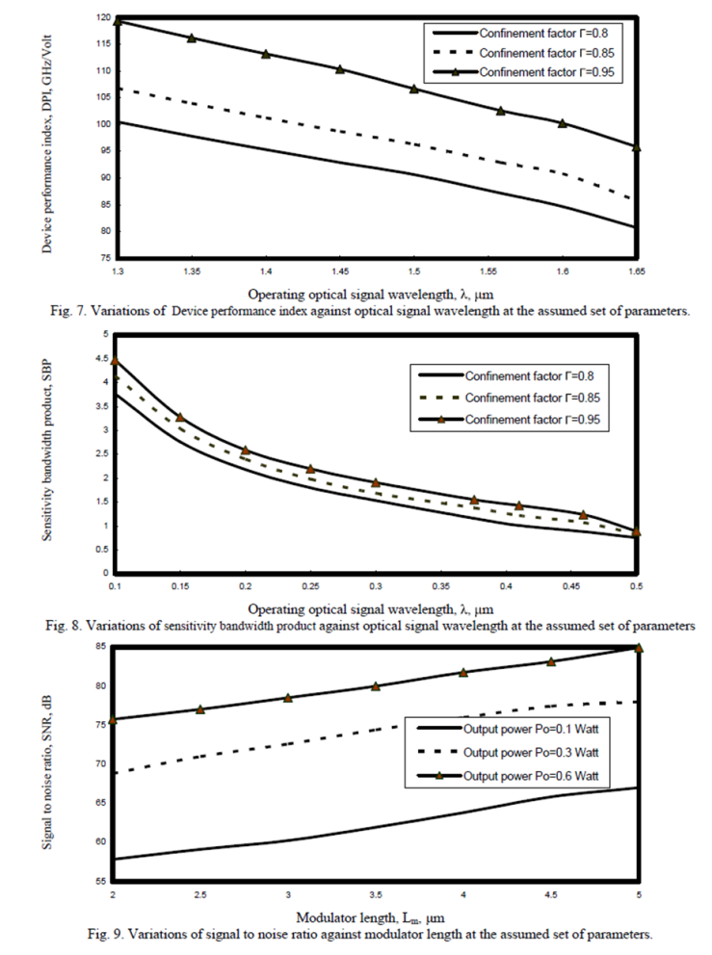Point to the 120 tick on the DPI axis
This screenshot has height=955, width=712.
(x=99, y=18)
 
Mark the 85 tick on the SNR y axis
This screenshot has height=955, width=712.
(x=100, y=647)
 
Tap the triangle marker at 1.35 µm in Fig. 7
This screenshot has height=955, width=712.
(x=191, y=39)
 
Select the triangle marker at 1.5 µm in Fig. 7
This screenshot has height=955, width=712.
(x=414, y=89)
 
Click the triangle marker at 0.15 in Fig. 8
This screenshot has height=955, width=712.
(x=179, y=418)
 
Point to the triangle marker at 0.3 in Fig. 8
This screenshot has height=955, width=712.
(x=376, y=482)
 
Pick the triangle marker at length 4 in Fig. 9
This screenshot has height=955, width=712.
(x=463, y=672)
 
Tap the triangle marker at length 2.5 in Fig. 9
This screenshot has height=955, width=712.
(x=200, y=710)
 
